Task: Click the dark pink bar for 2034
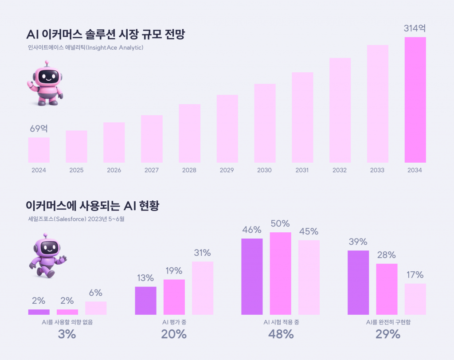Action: coord(415,100)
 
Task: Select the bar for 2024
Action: coord(39,150)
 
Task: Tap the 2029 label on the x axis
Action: coord(227,170)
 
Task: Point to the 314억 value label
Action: coord(415,29)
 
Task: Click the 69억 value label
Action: coord(39,129)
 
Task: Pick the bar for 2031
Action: coord(302,117)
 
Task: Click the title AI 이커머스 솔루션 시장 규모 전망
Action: coord(106,35)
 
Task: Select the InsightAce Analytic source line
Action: coord(85,47)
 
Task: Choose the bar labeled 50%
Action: coord(280,273)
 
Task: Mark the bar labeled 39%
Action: coord(358,282)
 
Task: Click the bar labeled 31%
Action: coord(203,288)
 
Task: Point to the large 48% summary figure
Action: coord(281,334)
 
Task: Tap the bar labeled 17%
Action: coord(415,299)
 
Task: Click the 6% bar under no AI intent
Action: coord(96,308)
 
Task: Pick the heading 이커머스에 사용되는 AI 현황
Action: coord(93,206)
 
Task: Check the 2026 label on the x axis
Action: coord(114,170)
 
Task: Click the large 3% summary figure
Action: coord(67,334)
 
